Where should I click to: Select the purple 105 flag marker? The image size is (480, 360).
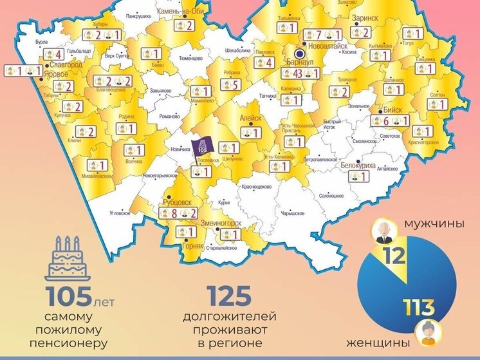203,146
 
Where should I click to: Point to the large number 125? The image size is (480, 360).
228,296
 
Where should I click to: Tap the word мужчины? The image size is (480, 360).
434,225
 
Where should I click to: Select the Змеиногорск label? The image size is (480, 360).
221,223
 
